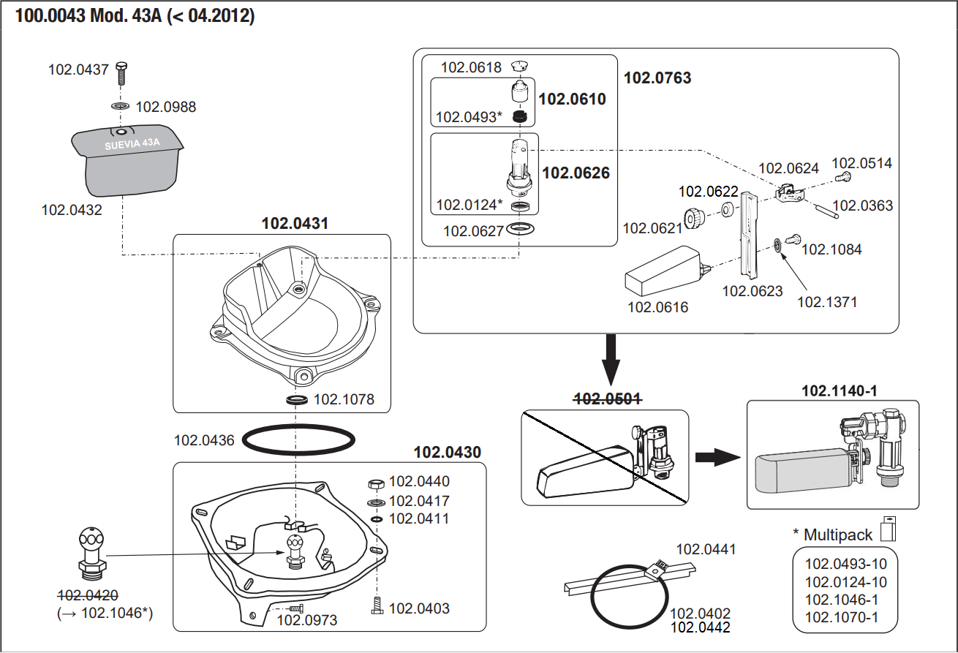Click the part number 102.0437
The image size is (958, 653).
[x=78, y=70]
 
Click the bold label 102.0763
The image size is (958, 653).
[x=657, y=78]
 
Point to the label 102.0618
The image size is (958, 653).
[x=471, y=68]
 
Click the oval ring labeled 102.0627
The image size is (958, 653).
[x=521, y=230]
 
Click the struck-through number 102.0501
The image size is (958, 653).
[x=608, y=399]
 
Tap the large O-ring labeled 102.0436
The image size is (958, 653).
[x=298, y=441]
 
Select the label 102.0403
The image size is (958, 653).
[x=419, y=608]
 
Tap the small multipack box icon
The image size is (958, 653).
[x=889, y=529]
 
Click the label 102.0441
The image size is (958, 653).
[x=706, y=549]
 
